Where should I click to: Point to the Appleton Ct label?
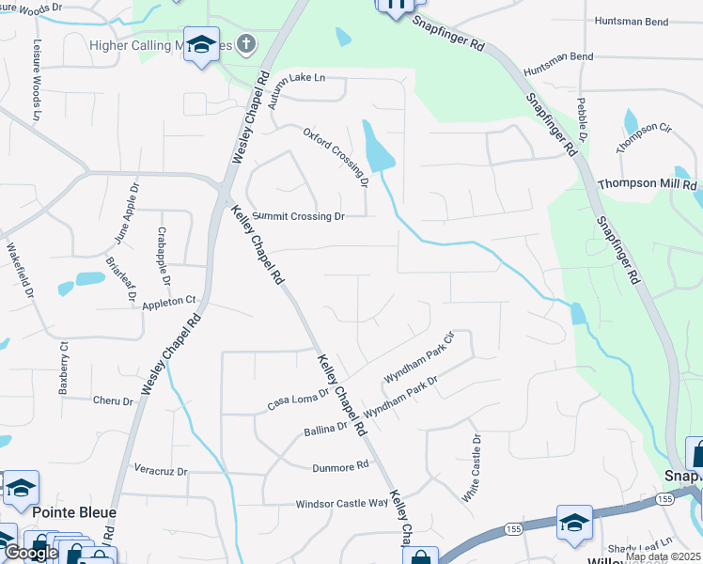point(168,302)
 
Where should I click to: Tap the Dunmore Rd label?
point(340,466)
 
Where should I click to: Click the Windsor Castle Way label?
point(342,503)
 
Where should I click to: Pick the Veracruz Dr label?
point(161,469)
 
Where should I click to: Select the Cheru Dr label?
point(114,401)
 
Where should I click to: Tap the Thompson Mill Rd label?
point(647,183)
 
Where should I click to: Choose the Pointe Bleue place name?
point(74,513)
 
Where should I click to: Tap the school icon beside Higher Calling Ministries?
point(201,44)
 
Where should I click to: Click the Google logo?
point(31,553)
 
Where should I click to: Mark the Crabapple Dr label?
point(164,257)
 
